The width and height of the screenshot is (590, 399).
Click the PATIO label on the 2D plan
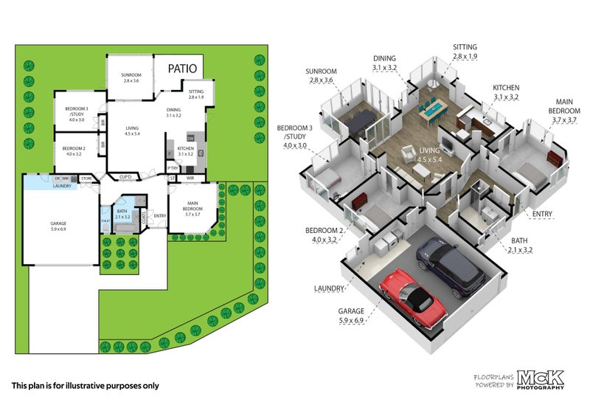click(182, 69)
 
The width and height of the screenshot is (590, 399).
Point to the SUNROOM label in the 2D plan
click(131, 77)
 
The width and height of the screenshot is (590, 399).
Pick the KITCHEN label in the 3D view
click(506, 91)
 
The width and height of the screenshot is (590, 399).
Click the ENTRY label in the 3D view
click(543, 214)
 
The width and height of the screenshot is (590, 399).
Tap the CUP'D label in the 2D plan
click(126, 177)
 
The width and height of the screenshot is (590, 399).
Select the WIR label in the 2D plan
click(190, 178)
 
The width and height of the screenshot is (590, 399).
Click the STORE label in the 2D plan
click(86, 178)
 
